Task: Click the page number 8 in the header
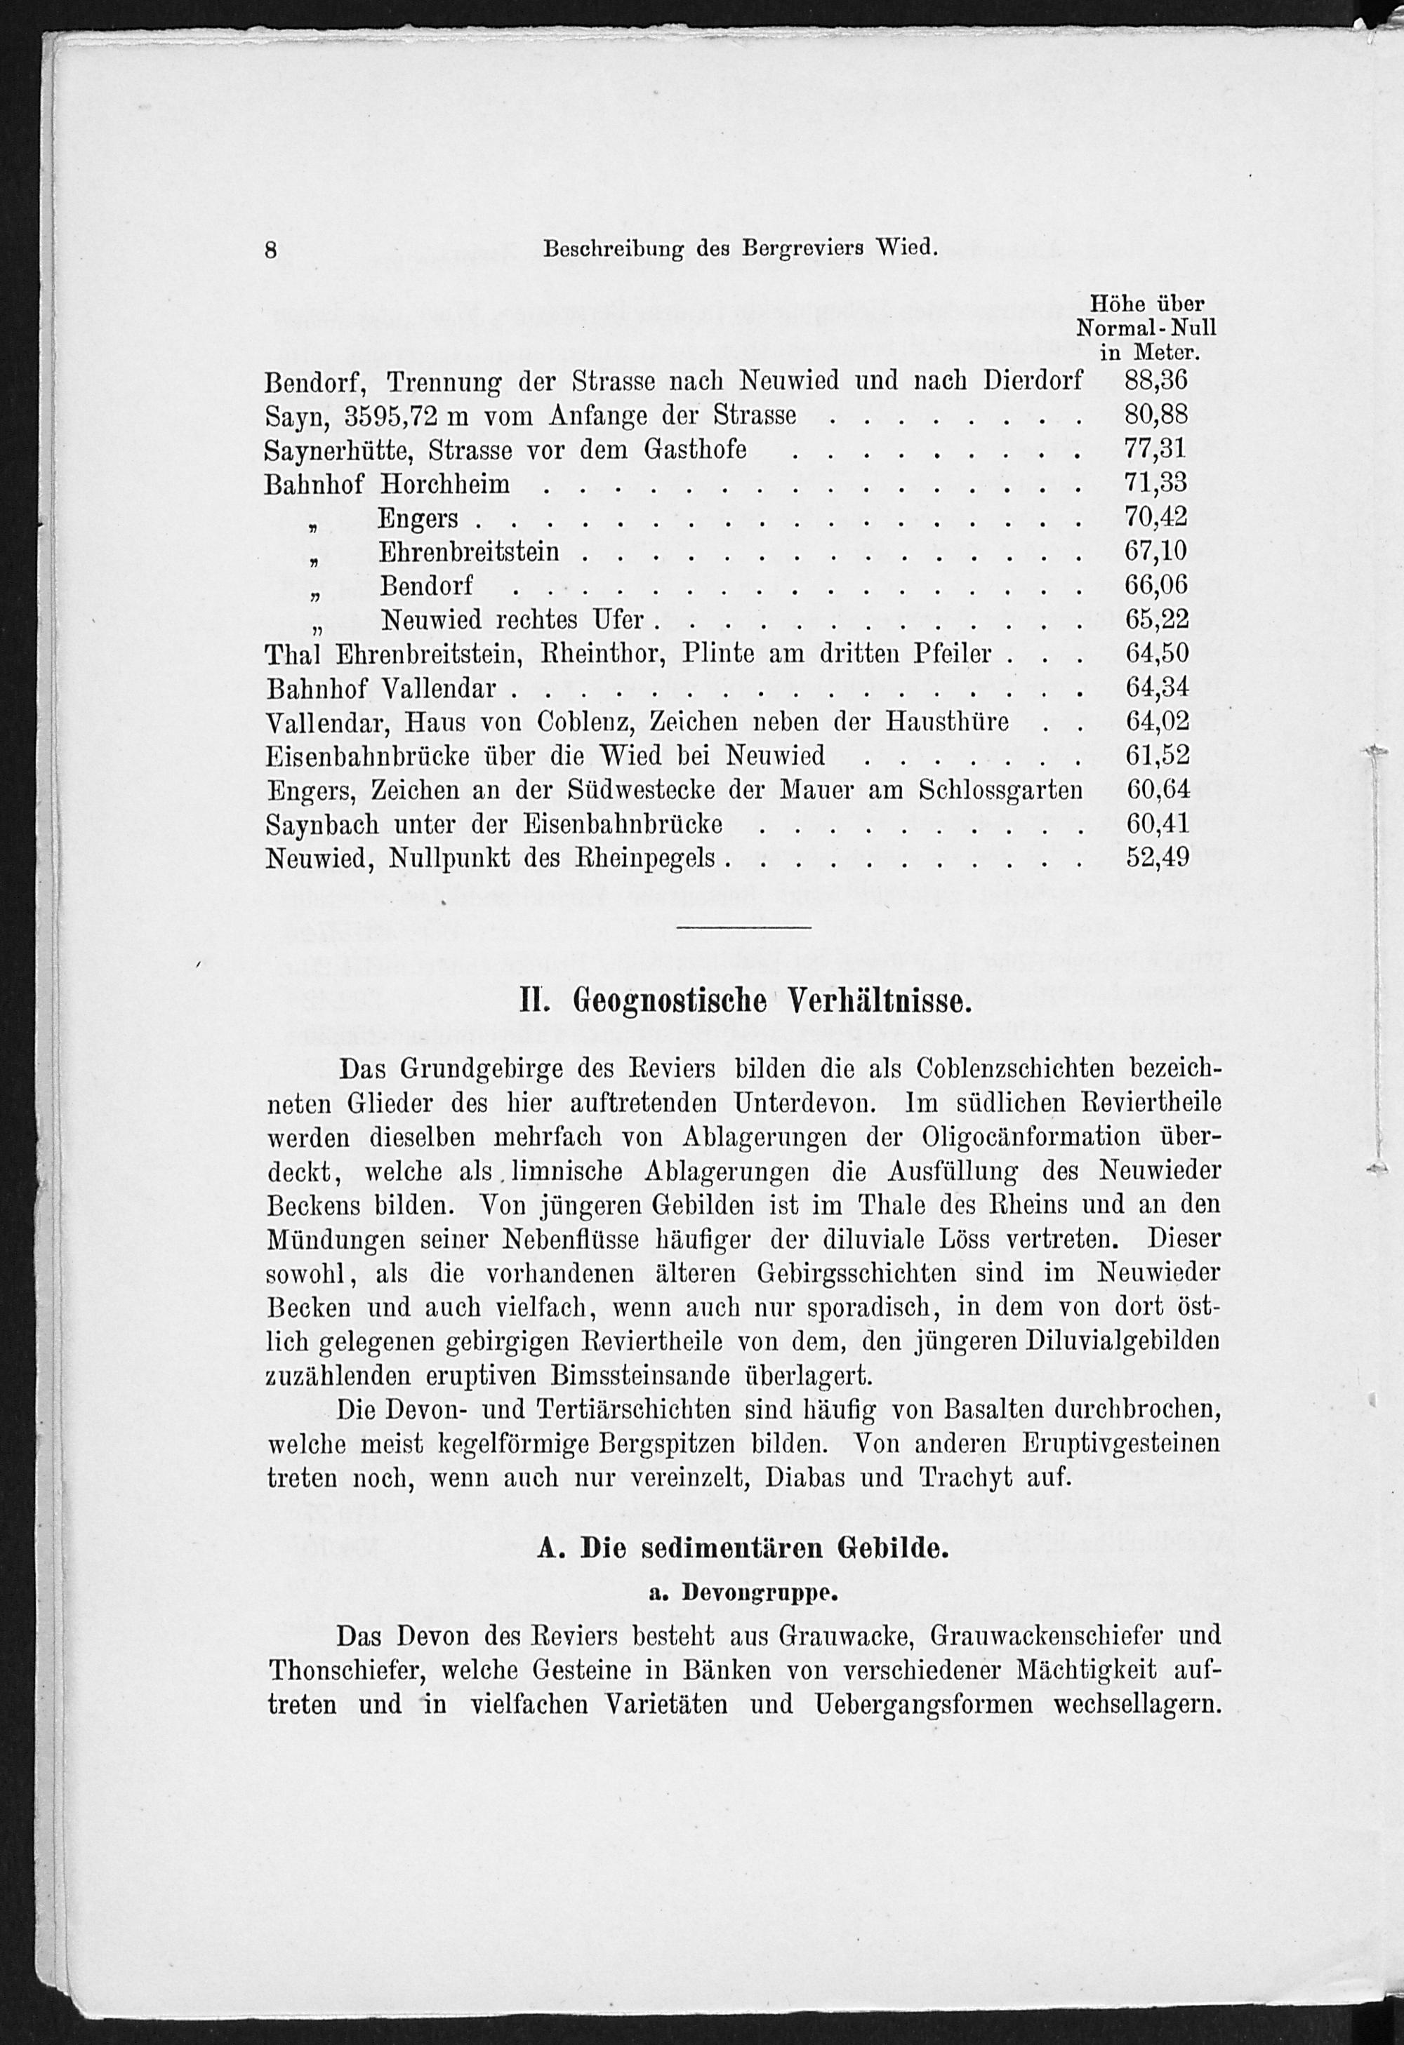(x=271, y=250)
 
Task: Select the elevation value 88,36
(x=1155, y=380)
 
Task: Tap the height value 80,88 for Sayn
(x=1155, y=415)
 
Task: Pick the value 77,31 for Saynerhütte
(x=1155, y=450)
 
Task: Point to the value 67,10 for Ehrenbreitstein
(x=1155, y=551)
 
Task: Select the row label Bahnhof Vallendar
(x=381, y=688)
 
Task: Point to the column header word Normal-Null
(x=1146, y=328)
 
